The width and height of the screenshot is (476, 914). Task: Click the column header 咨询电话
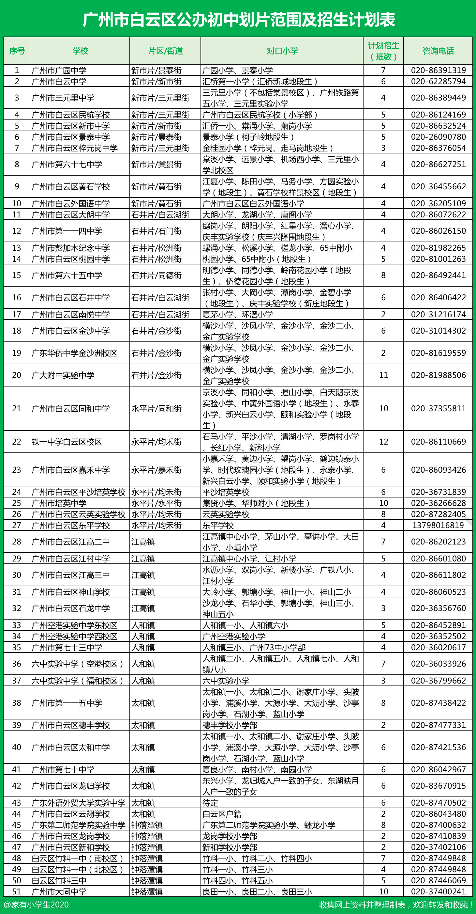[438, 51]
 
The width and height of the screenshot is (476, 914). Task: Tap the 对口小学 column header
[282, 51]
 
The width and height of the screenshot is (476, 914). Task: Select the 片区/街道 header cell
[165, 51]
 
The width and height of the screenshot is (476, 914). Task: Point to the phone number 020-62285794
[438, 81]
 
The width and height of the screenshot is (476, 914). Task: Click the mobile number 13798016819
[438, 525]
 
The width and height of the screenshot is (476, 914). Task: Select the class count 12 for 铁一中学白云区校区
[383, 442]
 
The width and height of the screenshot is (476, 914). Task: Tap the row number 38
[17, 703]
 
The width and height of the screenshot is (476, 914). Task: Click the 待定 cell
[210, 803]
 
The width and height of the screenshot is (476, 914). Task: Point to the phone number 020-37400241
[438, 891]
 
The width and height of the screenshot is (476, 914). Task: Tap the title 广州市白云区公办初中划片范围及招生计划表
[238, 20]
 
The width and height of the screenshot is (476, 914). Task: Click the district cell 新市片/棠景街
[156, 164]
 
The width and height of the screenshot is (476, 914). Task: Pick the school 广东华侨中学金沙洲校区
[74, 353]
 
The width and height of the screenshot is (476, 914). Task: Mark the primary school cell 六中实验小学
[226, 681]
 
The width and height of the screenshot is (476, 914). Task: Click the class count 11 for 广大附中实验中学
[383, 375]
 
